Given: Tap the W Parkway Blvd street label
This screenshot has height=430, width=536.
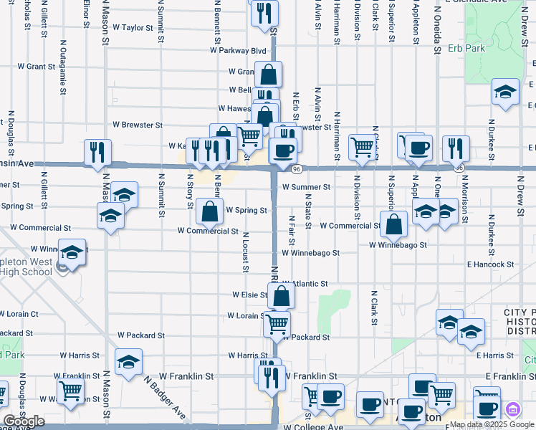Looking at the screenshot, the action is [238, 51].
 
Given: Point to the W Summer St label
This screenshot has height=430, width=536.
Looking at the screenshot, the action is [306, 187].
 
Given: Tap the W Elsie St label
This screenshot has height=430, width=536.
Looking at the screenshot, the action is [249, 295].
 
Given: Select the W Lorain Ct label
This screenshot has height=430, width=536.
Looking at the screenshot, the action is [19, 314].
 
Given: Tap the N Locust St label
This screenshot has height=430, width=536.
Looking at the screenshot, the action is [245, 252].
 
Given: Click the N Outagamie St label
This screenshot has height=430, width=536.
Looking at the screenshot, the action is [63, 67].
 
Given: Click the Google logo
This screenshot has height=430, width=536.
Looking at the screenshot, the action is [23, 421].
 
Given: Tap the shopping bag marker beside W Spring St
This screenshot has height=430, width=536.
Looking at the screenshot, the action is [209, 211].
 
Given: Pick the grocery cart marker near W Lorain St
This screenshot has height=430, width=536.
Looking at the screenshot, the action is [277, 323].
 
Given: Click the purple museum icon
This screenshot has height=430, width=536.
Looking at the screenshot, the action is [512, 410].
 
